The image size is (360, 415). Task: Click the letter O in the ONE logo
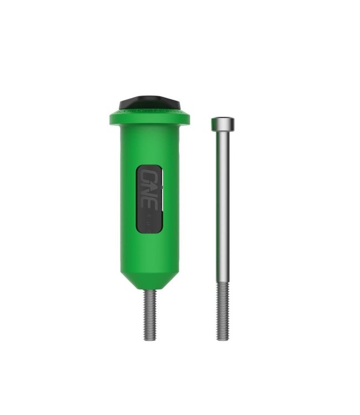[149, 177]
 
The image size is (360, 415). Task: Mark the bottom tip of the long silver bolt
[222, 339]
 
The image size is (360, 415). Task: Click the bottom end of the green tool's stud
[148, 338]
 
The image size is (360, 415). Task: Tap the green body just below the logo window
[148, 243]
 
